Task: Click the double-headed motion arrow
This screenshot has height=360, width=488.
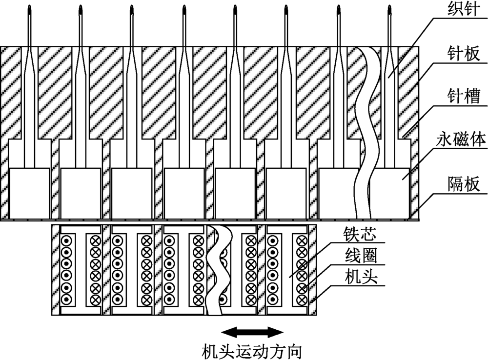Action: (x=252, y=333)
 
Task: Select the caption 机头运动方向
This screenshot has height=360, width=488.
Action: (x=252, y=350)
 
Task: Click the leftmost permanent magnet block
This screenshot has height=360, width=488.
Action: (x=29, y=193)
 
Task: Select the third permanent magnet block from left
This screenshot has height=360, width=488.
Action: (x=132, y=193)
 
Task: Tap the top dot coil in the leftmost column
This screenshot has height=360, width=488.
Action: (x=65, y=240)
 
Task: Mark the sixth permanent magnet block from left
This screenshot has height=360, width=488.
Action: (x=286, y=193)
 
